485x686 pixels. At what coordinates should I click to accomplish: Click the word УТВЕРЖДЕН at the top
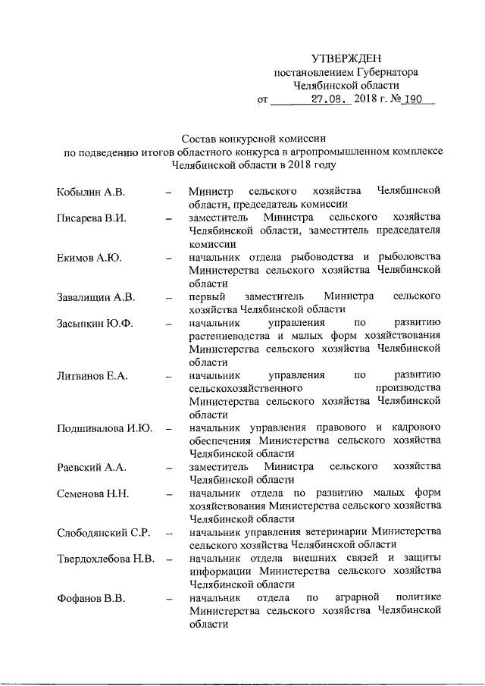pos(346,58)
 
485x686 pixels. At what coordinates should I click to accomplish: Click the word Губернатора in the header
pos(385,72)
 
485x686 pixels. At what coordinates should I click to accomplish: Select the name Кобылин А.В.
pos(90,190)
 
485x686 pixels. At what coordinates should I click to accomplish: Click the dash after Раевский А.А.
pos(169,468)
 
